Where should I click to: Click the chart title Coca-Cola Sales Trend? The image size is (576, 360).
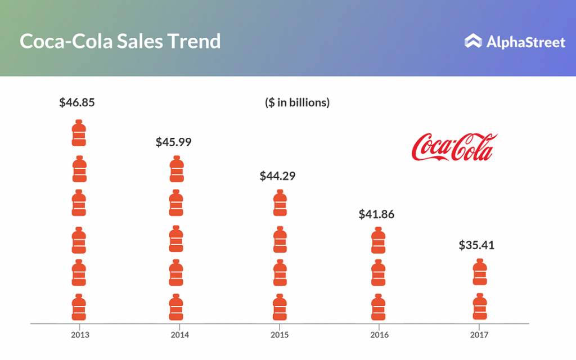[x=120, y=41]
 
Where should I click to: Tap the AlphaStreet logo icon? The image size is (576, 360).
[x=473, y=41]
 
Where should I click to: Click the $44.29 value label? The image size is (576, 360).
[x=277, y=175]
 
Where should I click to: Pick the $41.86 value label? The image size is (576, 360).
[x=377, y=214]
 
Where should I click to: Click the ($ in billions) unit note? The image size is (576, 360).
[x=297, y=103]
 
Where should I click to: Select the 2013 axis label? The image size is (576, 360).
[x=80, y=335]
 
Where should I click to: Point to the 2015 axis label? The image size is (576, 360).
[x=280, y=335]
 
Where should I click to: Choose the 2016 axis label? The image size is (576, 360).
[x=379, y=335]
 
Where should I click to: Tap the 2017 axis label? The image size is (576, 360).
[x=479, y=335]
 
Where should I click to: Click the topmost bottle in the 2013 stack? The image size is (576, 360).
[x=79, y=133]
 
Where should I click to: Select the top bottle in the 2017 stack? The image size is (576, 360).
[x=480, y=272]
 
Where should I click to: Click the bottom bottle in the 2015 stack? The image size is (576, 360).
[x=280, y=307]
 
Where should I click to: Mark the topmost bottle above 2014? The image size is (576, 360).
[x=177, y=169]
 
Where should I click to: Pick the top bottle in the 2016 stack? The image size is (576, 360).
[x=379, y=240]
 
